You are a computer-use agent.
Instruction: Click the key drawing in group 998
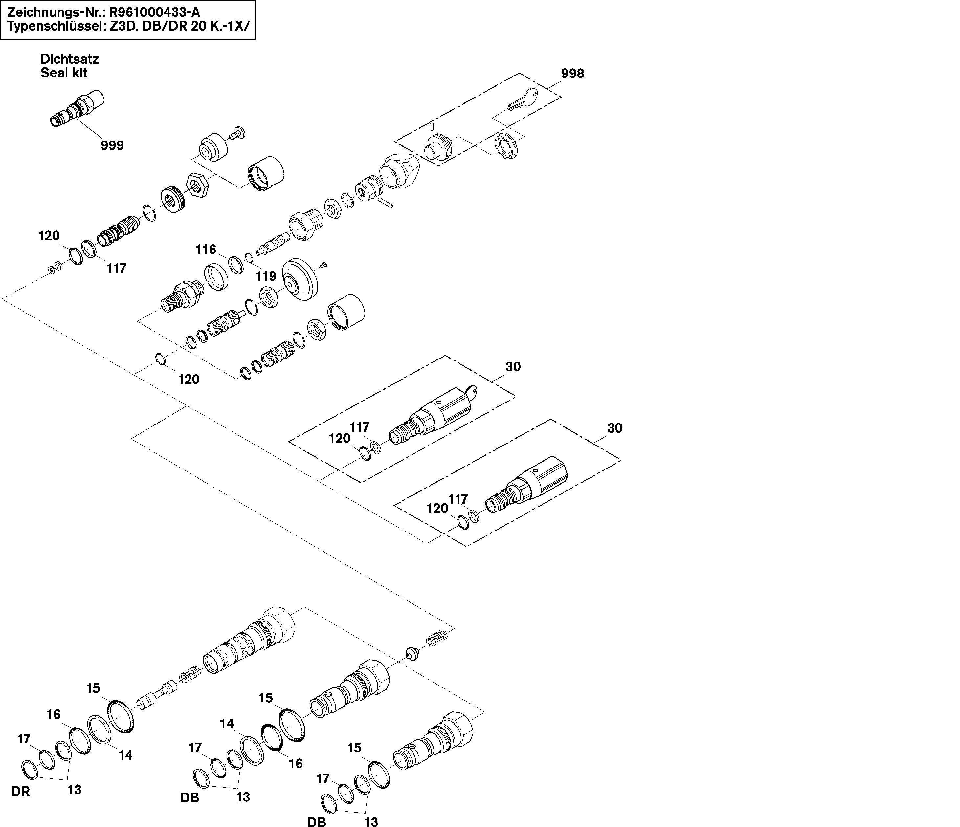pyautogui.click(x=523, y=99)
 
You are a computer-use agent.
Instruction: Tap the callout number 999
pyautogui.click(x=113, y=145)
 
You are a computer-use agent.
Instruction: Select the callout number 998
pyautogui.click(x=573, y=73)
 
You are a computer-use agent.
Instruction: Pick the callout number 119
pyautogui.click(x=266, y=276)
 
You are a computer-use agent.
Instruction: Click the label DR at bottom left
pyautogui.click(x=20, y=792)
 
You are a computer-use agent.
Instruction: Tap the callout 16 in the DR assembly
pyautogui.click(x=54, y=714)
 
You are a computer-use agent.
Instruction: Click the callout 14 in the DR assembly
pyautogui.click(x=125, y=755)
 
